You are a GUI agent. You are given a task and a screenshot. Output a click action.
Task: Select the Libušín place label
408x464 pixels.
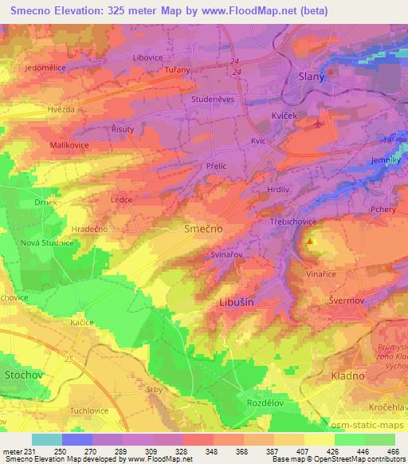237,303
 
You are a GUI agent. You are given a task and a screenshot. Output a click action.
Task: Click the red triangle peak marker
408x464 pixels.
310,240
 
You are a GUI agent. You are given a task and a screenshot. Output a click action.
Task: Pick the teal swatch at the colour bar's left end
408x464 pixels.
47,439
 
